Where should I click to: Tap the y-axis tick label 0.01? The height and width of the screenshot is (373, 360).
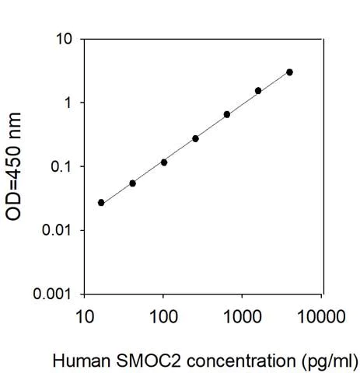[x=60, y=231]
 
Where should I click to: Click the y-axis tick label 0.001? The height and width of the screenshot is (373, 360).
[x=56, y=295]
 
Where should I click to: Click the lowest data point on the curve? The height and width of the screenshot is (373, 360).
[x=101, y=202]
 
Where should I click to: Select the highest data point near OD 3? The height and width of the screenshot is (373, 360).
[x=289, y=72]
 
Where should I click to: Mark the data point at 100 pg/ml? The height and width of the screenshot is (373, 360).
[x=164, y=162]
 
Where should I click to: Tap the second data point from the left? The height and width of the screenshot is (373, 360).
[x=132, y=183]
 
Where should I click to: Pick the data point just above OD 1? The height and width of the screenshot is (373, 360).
[x=258, y=91]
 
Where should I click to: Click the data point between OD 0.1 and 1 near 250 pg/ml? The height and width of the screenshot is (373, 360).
[x=195, y=138]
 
